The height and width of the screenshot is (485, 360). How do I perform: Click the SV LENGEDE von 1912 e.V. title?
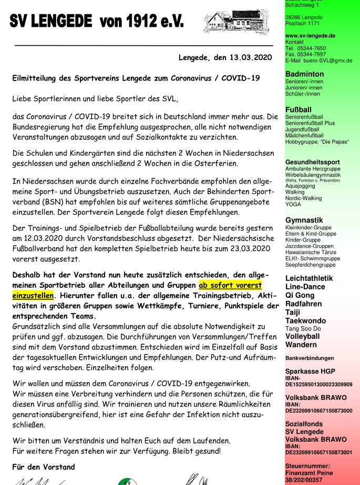click(x=97, y=22)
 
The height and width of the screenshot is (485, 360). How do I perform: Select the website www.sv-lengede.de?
click(x=310, y=36)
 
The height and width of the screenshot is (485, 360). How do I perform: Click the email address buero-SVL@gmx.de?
click(x=329, y=60)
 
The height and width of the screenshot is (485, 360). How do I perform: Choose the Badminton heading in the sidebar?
click(x=304, y=74)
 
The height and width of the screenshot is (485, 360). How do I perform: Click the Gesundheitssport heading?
click(x=312, y=162)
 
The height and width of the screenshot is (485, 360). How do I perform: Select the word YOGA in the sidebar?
click(x=293, y=204)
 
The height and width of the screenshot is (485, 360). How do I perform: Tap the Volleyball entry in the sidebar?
click(x=302, y=336)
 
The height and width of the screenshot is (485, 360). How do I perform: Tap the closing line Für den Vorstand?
click(x=44, y=467)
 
